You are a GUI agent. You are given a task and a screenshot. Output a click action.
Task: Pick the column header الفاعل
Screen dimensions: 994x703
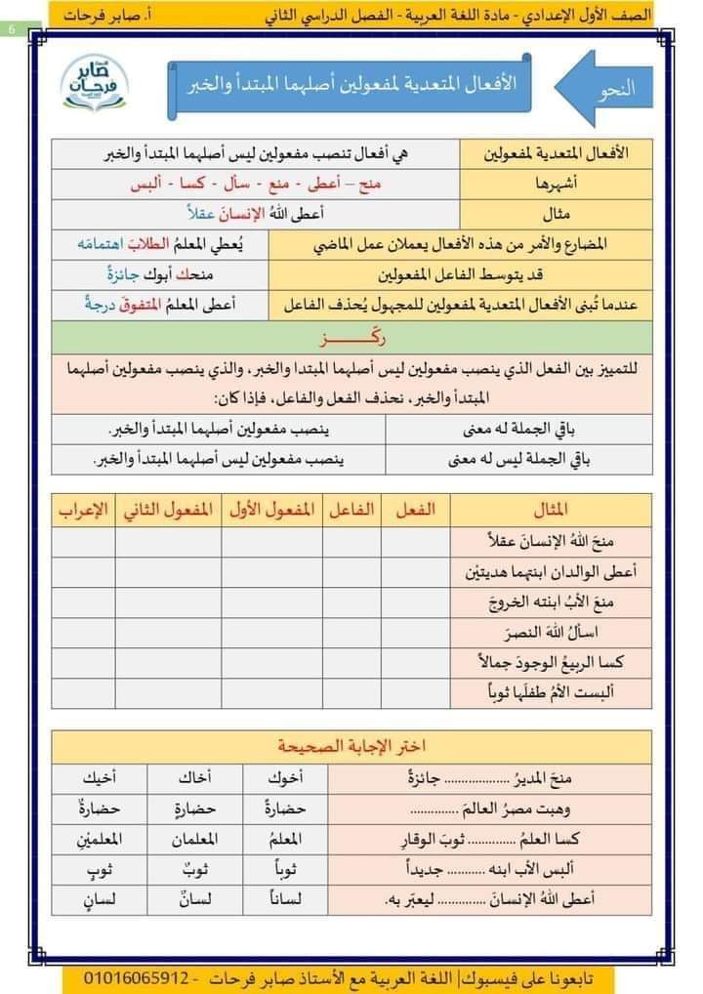click(351, 509)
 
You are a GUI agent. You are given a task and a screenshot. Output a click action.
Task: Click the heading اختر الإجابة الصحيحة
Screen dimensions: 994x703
click(351, 747)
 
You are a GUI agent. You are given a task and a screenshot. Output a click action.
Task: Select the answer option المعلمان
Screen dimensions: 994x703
click(191, 839)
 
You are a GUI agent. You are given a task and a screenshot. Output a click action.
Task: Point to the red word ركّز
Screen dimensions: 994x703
click(351, 338)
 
